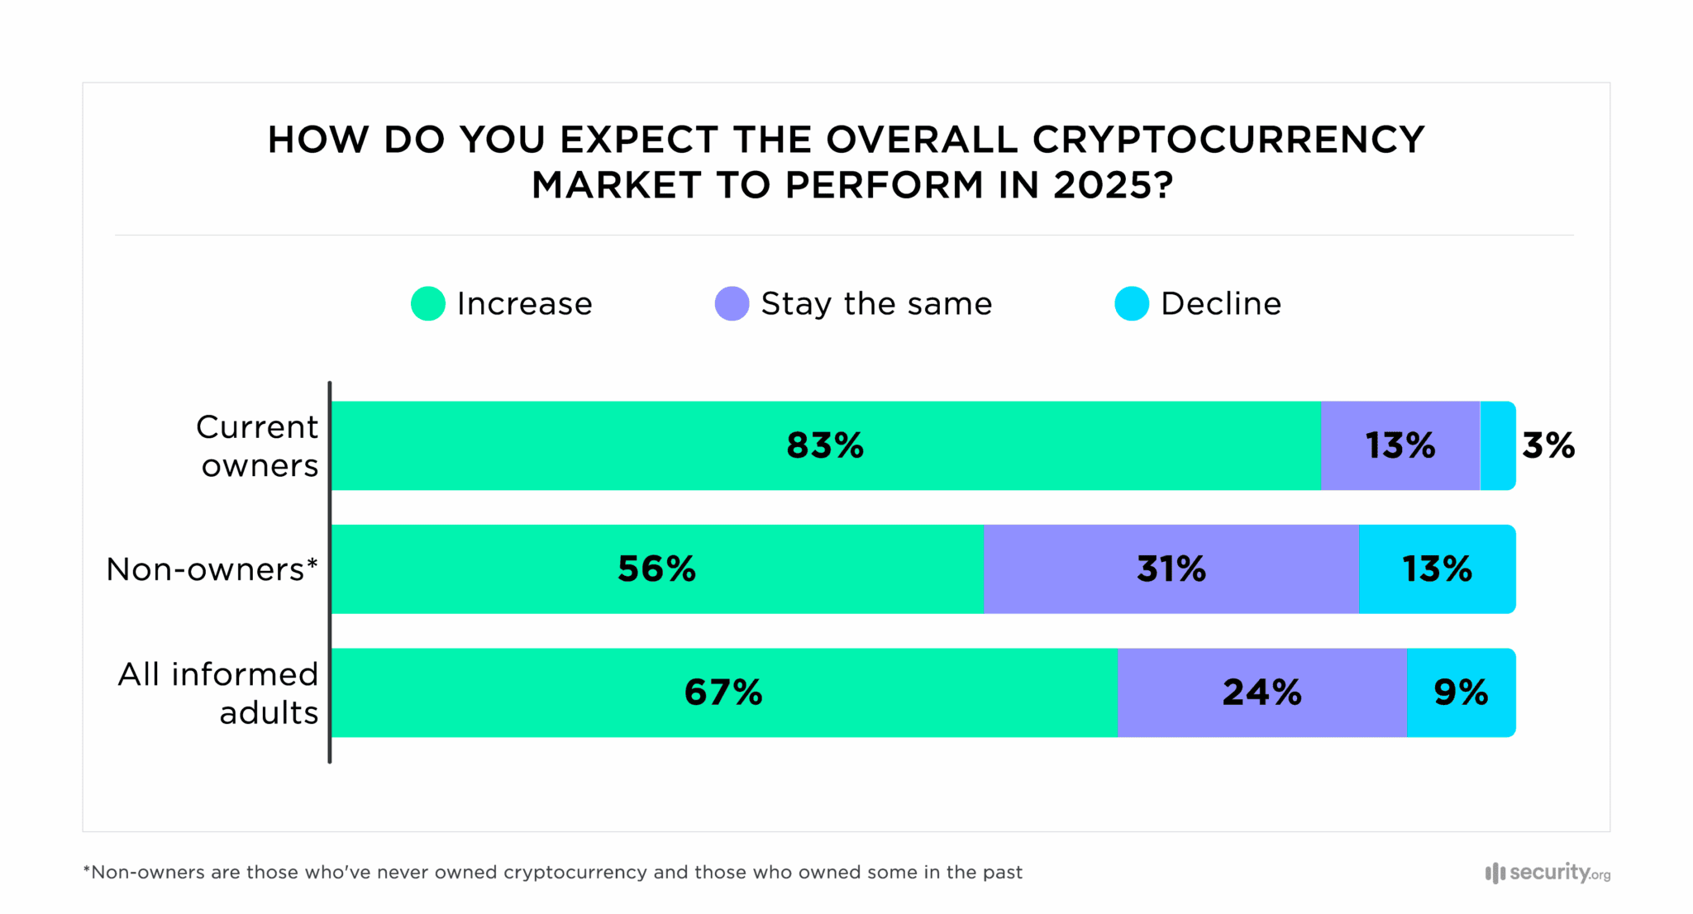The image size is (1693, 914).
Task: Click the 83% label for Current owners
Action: pyautogui.click(x=824, y=445)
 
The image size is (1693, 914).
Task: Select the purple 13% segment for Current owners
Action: pyautogui.click(x=1400, y=445)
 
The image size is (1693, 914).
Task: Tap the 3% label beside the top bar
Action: pyautogui.click(x=1548, y=445)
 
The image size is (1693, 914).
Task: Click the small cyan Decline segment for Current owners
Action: pyautogui.click(x=1497, y=445)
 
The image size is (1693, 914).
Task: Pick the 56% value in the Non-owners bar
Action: pyautogui.click(x=656, y=569)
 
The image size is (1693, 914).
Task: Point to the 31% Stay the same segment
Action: pyautogui.click(x=1171, y=569)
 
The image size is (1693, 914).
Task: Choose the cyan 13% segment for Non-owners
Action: pyautogui.click(x=1437, y=569)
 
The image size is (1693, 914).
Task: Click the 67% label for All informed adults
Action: pyautogui.click(x=723, y=692)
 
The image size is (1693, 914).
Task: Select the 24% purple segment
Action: pyautogui.click(x=1261, y=692)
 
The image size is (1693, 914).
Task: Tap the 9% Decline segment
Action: pyautogui.click(x=1461, y=692)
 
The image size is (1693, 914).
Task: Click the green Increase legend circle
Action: pyautogui.click(x=428, y=303)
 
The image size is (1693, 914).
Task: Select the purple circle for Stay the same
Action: pyautogui.click(x=732, y=303)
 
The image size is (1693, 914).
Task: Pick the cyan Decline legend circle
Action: pyautogui.click(x=1132, y=303)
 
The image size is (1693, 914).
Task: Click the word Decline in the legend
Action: pyautogui.click(x=1221, y=303)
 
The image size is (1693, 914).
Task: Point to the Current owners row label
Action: pyautogui.click(x=258, y=446)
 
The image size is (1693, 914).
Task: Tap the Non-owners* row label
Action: pyautogui.click(x=212, y=569)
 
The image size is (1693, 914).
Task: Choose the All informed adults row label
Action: pyautogui.click(x=219, y=693)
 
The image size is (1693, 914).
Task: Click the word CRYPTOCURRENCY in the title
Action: pyautogui.click(x=1228, y=140)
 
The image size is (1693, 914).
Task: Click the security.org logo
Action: pyautogui.click(x=1548, y=873)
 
